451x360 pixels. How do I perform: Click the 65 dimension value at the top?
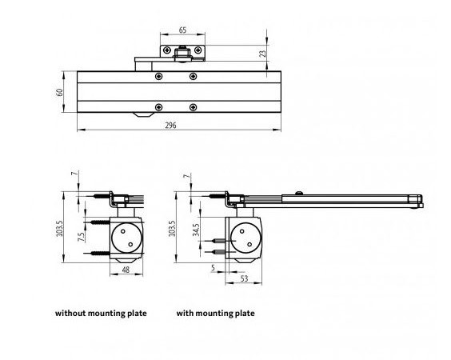pos(182,30)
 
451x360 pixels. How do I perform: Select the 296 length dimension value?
pos(170,126)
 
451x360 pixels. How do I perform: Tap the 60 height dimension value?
pos(59,92)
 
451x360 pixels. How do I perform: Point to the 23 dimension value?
pos(262,54)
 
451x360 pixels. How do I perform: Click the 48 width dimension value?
pos(126,270)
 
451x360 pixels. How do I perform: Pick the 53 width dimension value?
pos(244,278)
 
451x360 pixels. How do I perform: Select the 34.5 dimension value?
pos(196,230)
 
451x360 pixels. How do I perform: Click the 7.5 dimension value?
pos(82,237)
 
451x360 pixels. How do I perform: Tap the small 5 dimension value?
pos(213,268)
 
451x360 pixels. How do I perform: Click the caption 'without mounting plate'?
pos(101,313)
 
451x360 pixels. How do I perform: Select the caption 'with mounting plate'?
pos(215,313)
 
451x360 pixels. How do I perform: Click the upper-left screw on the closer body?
pos(158,77)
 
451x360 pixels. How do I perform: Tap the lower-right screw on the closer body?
pos(193,107)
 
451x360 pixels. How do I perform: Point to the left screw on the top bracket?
pos(167,50)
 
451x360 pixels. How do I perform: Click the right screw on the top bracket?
pos(198,50)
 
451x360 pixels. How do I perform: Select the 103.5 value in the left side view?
pos(59,229)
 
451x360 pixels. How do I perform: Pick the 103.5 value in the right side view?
pos(172,229)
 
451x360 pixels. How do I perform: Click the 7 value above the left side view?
pos(74,174)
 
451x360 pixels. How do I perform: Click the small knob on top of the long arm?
pos(299,193)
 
